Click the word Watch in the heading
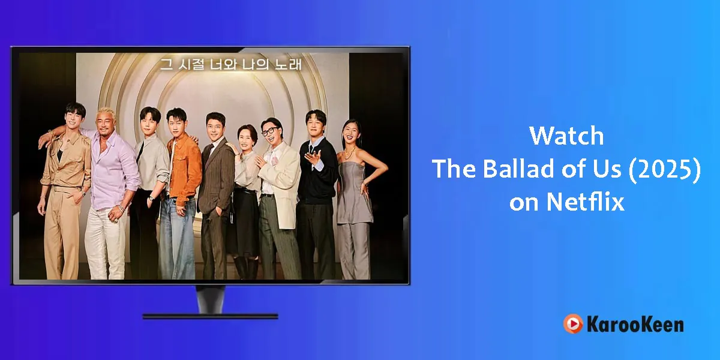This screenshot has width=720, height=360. tap(566, 136)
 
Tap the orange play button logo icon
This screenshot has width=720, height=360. tap(573, 323)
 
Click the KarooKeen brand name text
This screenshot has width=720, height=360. tap(635, 325)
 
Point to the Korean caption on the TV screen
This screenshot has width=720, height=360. tap(231, 65)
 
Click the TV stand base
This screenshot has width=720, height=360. tap(210, 316)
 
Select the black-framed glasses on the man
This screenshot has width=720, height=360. tap(269, 131)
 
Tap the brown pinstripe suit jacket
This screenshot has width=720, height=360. tap(216, 177)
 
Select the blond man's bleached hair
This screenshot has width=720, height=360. tap(106, 113)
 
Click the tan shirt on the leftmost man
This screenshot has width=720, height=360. tap(67, 161)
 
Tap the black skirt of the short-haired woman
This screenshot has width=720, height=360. tap(245, 222)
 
